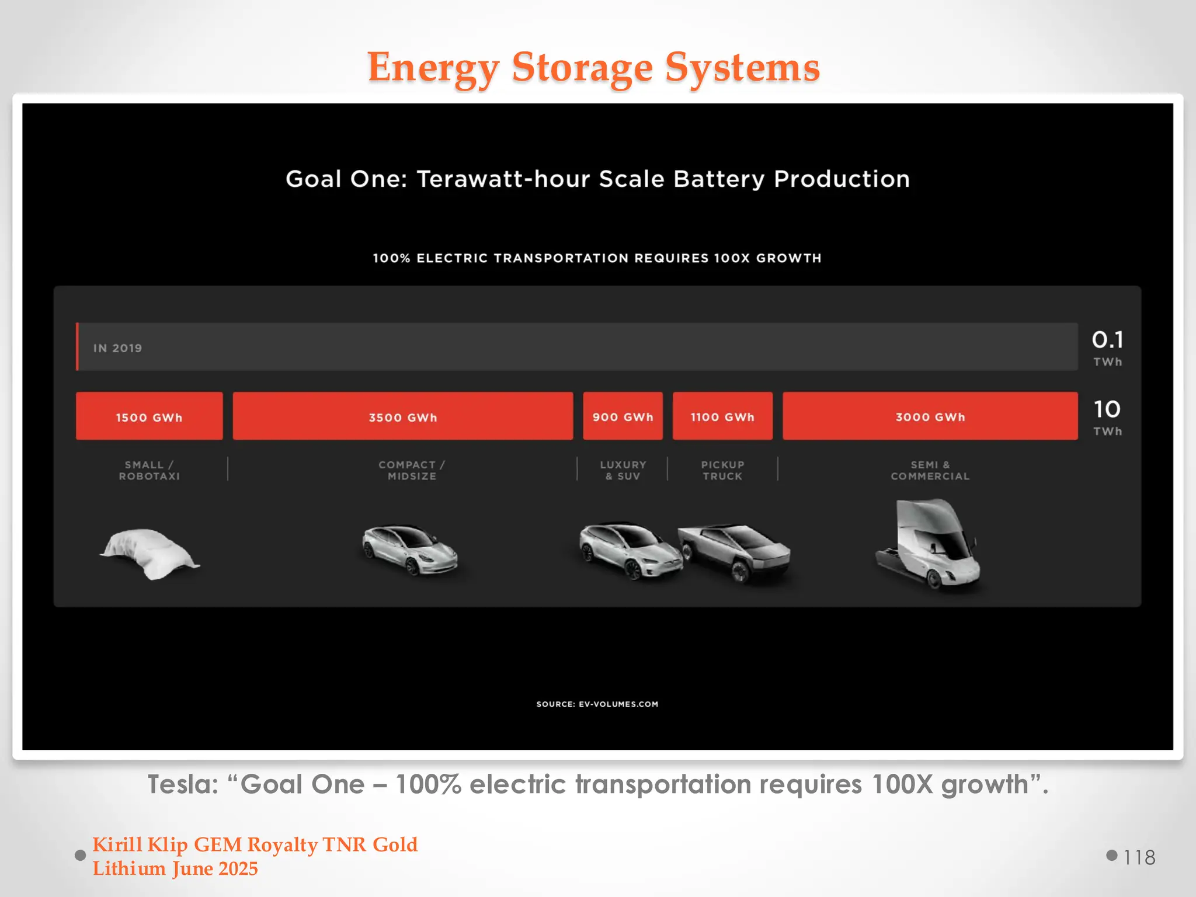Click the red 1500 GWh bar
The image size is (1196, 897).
[149, 416]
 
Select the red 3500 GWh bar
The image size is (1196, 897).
[402, 416]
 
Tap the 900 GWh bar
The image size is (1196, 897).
[623, 416]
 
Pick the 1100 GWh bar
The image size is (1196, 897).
[722, 416]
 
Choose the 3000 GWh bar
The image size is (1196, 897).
[930, 416]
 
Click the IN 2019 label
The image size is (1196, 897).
[117, 348]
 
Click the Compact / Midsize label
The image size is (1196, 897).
[412, 470]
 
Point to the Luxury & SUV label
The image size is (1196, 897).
[623, 470]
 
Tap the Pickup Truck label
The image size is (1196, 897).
[722, 470]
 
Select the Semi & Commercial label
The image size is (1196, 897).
[930, 470]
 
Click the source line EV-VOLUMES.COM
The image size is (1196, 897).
[597, 704]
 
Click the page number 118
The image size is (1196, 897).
[1139, 857]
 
